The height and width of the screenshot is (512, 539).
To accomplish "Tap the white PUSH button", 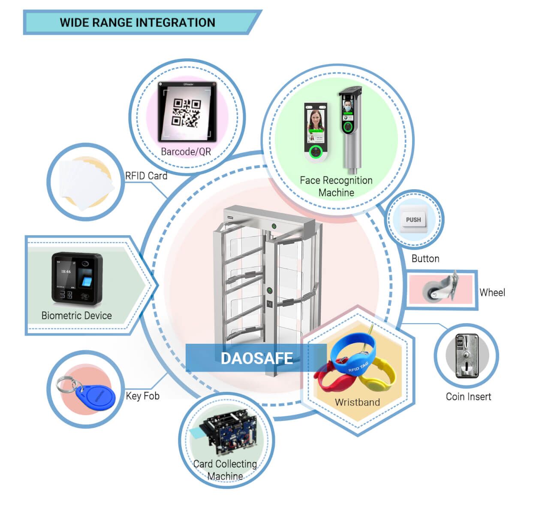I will [x=413, y=220].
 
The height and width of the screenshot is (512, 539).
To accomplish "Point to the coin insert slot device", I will [x=467, y=356].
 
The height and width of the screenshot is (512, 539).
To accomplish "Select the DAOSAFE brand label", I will [x=256, y=358].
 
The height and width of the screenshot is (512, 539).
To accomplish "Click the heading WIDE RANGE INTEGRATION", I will [x=137, y=22].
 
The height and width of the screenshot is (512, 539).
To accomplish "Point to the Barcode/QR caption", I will [x=186, y=151].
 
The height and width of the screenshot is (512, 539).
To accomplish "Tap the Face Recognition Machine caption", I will [x=336, y=186].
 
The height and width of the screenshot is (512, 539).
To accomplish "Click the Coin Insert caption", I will [x=468, y=397].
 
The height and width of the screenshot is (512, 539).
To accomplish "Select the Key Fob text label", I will [x=142, y=396].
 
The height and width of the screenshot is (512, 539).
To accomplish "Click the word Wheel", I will [x=492, y=292].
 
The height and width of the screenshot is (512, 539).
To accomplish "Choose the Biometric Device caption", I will [x=76, y=315].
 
